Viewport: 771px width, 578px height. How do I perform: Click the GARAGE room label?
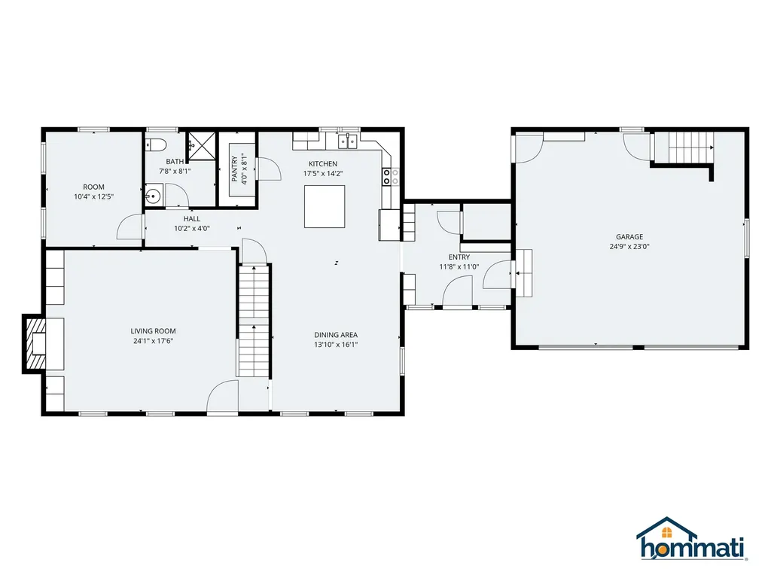click(x=629, y=237)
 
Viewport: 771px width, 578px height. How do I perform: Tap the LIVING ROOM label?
click(x=153, y=331)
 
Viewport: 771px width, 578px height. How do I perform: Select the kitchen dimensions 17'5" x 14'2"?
click(x=323, y=174)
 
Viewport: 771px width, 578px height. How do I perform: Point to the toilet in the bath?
click(x=157, y=144)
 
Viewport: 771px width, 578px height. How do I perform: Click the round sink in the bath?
click(x=153, y=196)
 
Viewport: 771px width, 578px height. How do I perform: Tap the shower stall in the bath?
click(x=202, y=146)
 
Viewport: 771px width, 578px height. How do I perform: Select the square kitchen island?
click(x=325, y=206)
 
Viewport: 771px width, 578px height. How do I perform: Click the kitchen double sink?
click(x=348, y=141)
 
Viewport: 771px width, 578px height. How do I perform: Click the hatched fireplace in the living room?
click(x=35, y=344)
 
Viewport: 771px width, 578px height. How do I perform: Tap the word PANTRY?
click(x=235, y=169)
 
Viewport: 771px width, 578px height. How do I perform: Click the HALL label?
click(x=192, y=219)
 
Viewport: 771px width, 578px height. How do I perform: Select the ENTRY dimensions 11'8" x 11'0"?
click(x=459, y=267)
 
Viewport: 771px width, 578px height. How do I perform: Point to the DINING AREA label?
click(x=336, y=335)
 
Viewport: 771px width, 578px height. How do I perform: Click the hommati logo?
click(x=691, y=539)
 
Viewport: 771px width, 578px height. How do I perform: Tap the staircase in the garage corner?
click(x=684, y=147)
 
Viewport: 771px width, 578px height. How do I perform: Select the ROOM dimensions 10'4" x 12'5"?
click(x=93, y=196)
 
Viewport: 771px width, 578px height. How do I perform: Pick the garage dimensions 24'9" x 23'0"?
click(x=629, y=247)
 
